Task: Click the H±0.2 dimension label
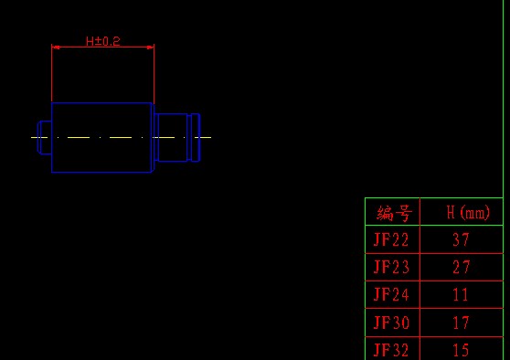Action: pos(103,41)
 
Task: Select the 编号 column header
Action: pos(395,213)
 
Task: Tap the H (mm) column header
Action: pos(468,212)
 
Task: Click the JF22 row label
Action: pos(391,239)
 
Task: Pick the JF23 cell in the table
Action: pos(391,267)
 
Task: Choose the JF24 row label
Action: pos(391,294)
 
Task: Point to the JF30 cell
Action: pos(391,323)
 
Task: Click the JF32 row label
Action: pos(391,350)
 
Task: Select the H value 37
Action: pos(461,239)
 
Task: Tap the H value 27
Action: pos(462,267)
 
